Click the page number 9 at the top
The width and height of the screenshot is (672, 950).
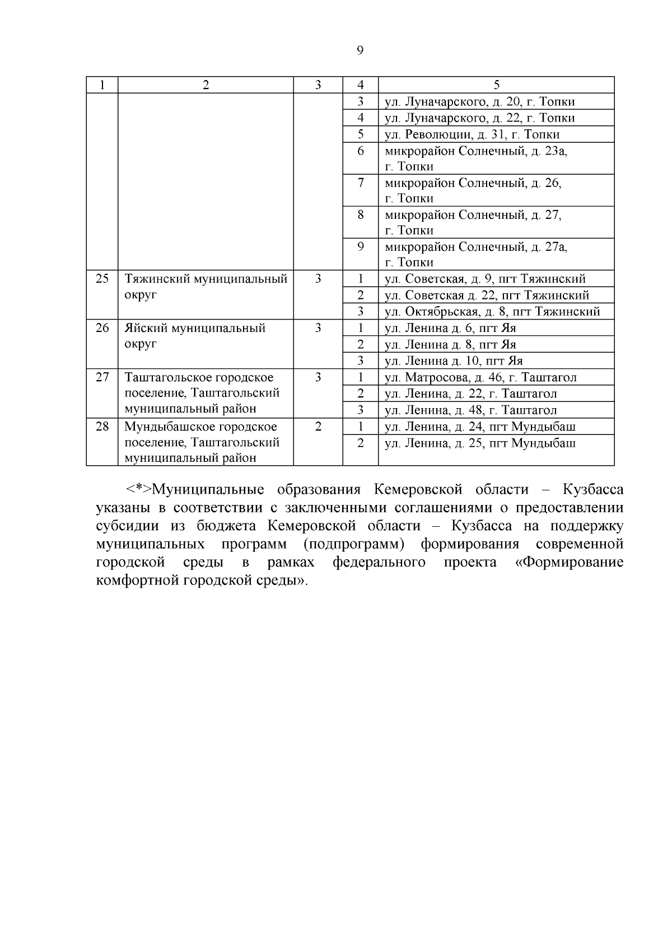point(360,51)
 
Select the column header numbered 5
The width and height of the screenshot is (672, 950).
point(496,85)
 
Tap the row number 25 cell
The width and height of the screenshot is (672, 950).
point(102,278)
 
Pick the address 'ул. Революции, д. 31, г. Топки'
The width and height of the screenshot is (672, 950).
point(472,134)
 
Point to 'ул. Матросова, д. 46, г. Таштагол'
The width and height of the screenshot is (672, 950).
point(480,377)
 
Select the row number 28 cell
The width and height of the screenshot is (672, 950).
point(102,427)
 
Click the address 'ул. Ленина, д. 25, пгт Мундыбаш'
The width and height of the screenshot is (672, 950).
point(480,443)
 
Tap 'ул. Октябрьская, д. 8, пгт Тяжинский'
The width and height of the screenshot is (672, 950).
point(492,311)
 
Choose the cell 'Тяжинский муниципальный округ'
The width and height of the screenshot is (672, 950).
point(206,286)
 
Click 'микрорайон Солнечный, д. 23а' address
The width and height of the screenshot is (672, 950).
point(476,151)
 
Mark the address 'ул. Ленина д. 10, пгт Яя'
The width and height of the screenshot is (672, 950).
point(454,361)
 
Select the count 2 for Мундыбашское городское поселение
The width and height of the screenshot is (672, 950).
point(318,427)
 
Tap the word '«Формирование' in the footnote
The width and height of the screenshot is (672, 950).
point(569,562)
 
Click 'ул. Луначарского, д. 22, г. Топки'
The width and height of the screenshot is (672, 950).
point(479,118)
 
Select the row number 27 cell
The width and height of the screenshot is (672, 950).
point(102,377)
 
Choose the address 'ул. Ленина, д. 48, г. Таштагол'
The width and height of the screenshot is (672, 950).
point(470,410)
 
